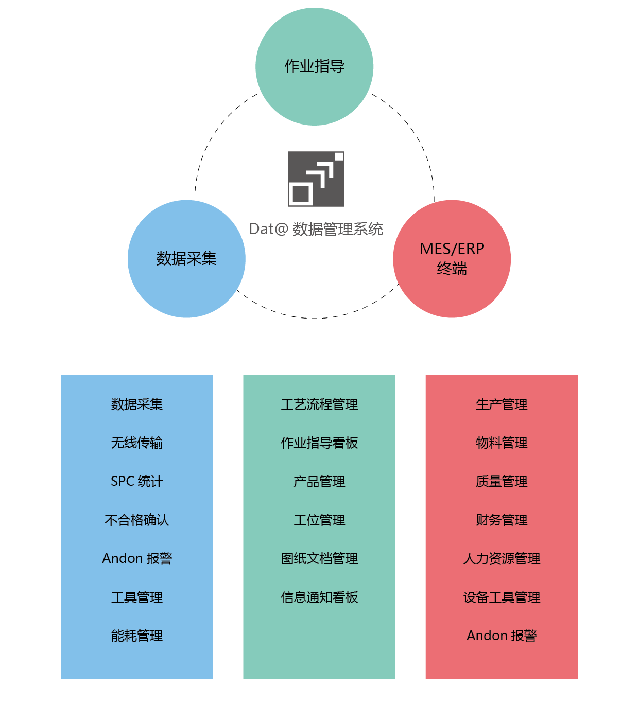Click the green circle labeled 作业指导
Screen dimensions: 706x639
click(x=314, y=66)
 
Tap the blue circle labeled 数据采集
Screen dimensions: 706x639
click(x=186, y=258)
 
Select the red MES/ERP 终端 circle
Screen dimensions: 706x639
click(x=452, y=258)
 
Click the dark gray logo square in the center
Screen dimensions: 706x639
click(x=316, y=179)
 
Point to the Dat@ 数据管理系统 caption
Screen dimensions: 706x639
click(x=316, y=229)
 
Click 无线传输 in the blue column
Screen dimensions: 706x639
click(x=137, y=443)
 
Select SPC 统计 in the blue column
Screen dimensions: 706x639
click(x=137, y=481)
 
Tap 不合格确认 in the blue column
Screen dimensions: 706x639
click(x=137, y=520)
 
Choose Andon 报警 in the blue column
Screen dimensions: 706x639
click(x=137, y=558)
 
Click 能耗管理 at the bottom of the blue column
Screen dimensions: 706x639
click(x=137, y=636)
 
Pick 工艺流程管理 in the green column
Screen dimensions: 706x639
click(x=319, y=404)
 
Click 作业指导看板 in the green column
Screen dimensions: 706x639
click(x=319, y=443)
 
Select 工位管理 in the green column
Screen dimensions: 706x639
click(x=319, y=520)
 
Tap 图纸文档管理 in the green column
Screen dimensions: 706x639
click(x=319, y=558)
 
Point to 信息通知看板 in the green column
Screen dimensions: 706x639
click(x=319, y=597)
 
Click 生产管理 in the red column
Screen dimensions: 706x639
click(x=502, y=404)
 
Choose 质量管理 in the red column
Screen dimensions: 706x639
click(x=502, y=481)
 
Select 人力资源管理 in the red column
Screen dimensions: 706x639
click(x=502, y=558)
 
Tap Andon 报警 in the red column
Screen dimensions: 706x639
click(x=502, y=636)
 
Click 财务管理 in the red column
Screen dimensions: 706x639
click(x=502, y=520)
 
